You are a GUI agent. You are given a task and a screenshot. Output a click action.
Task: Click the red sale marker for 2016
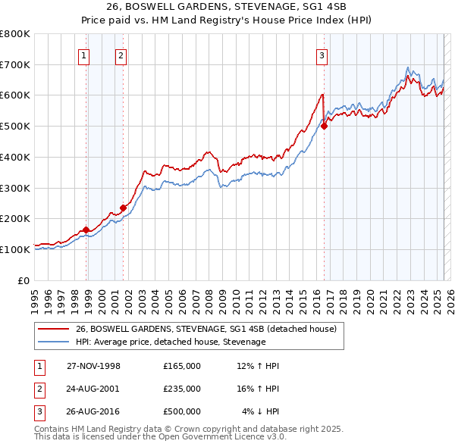tap(324, 127)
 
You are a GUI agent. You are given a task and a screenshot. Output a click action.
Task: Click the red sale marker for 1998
tap(86, 230)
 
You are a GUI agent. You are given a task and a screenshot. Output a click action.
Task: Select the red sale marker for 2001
tap(123, 208)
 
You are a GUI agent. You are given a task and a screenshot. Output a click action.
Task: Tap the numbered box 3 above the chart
tap(322, 55)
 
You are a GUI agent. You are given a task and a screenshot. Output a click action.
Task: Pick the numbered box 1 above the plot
tap(83, 55)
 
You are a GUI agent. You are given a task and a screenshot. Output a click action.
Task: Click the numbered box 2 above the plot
tap(121, 55)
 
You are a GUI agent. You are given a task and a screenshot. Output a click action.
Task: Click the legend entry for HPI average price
tap(171, 342)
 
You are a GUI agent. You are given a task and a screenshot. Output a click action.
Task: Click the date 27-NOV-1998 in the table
tap(93, 366)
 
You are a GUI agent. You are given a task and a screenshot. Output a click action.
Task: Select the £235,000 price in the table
tap(182, 389)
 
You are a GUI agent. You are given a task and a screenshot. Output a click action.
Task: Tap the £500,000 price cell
tap(182, 411)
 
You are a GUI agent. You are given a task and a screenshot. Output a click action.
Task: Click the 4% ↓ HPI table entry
tap(261, 411)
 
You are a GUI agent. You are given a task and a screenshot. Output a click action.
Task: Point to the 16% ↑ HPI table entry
tap(258, 389)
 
